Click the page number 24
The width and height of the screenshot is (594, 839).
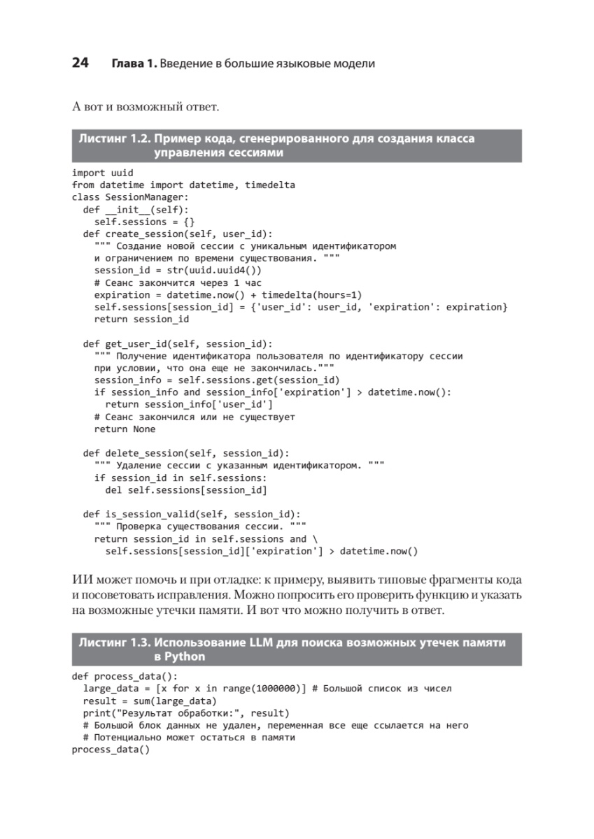coord(80,63)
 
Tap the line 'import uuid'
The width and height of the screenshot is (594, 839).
coord(102,173)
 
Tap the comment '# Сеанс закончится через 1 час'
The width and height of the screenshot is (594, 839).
coord(178,282)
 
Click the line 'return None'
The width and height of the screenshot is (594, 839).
coord(125,429)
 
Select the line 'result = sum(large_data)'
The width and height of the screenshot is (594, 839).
coord(150,701)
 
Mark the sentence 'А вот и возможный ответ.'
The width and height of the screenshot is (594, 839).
coord(146,107)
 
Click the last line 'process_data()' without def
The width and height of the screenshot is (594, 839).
coord(111,750)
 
